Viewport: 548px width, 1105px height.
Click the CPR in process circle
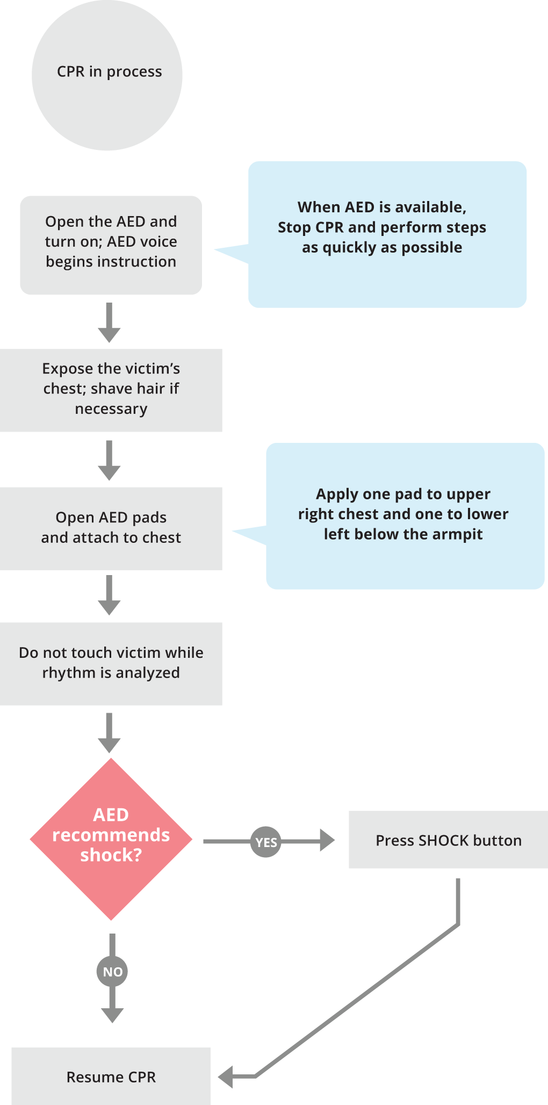(x=107, y=75)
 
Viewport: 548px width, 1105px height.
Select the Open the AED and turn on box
(x=111, y=245)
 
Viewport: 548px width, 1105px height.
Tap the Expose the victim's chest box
(x=111, y=390)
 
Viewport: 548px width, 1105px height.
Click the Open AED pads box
(x=111, y=528)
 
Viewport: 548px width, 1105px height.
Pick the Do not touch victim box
(x=111, y=664)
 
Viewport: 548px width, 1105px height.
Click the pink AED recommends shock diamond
(x=111, y=839)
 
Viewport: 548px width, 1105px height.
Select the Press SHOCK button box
(x=448, y=839)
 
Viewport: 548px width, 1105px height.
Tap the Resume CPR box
(x=111, y=1077)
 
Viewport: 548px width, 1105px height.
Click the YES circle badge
(x=265, y=842)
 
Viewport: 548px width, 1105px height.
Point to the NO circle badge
(x=112, y=971)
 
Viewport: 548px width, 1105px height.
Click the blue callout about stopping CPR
(x=387, y=234)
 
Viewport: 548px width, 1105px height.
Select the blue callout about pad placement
(x=405, y=516)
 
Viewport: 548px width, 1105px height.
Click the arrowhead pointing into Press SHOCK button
(x=327, y=840)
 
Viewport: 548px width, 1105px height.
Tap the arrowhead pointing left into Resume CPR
(x=226, y=1077)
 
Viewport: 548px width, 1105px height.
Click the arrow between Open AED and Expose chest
(x=109, y=323)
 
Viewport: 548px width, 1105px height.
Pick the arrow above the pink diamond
(x=109, y=733)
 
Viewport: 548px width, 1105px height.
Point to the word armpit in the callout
(x=457, y=534)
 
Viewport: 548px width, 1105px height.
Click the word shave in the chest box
(x=112, y=389)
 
